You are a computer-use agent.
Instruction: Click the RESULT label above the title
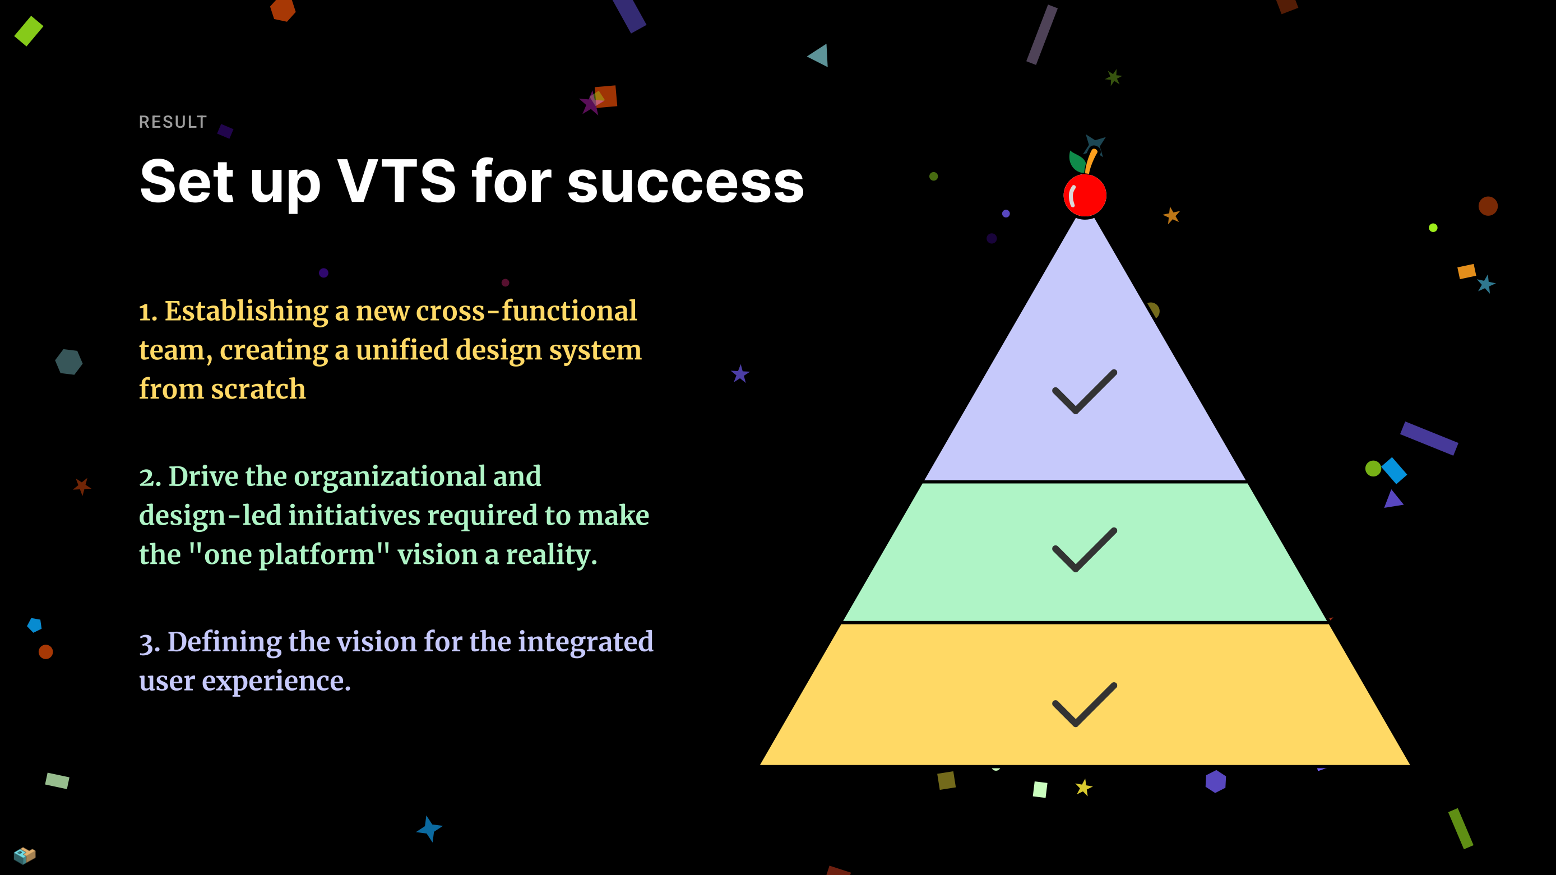[173, 122]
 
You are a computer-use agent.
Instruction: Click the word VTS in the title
[396, 181]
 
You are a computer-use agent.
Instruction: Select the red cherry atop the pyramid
[1085, 195]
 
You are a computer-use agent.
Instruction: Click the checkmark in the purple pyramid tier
[1084, 391]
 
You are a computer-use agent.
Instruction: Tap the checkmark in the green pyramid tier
[1084, 549]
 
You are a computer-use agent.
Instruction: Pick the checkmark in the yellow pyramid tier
[1084, 704]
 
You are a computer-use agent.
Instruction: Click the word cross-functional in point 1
[526, 311]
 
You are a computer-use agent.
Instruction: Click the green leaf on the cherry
[1077, 161]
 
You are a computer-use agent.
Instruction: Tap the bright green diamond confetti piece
[29, 31]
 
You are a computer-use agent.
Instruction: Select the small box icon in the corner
[25, 855]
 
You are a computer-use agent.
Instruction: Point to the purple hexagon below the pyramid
[1215, 781]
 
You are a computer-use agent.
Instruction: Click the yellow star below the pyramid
[1083, 788]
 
